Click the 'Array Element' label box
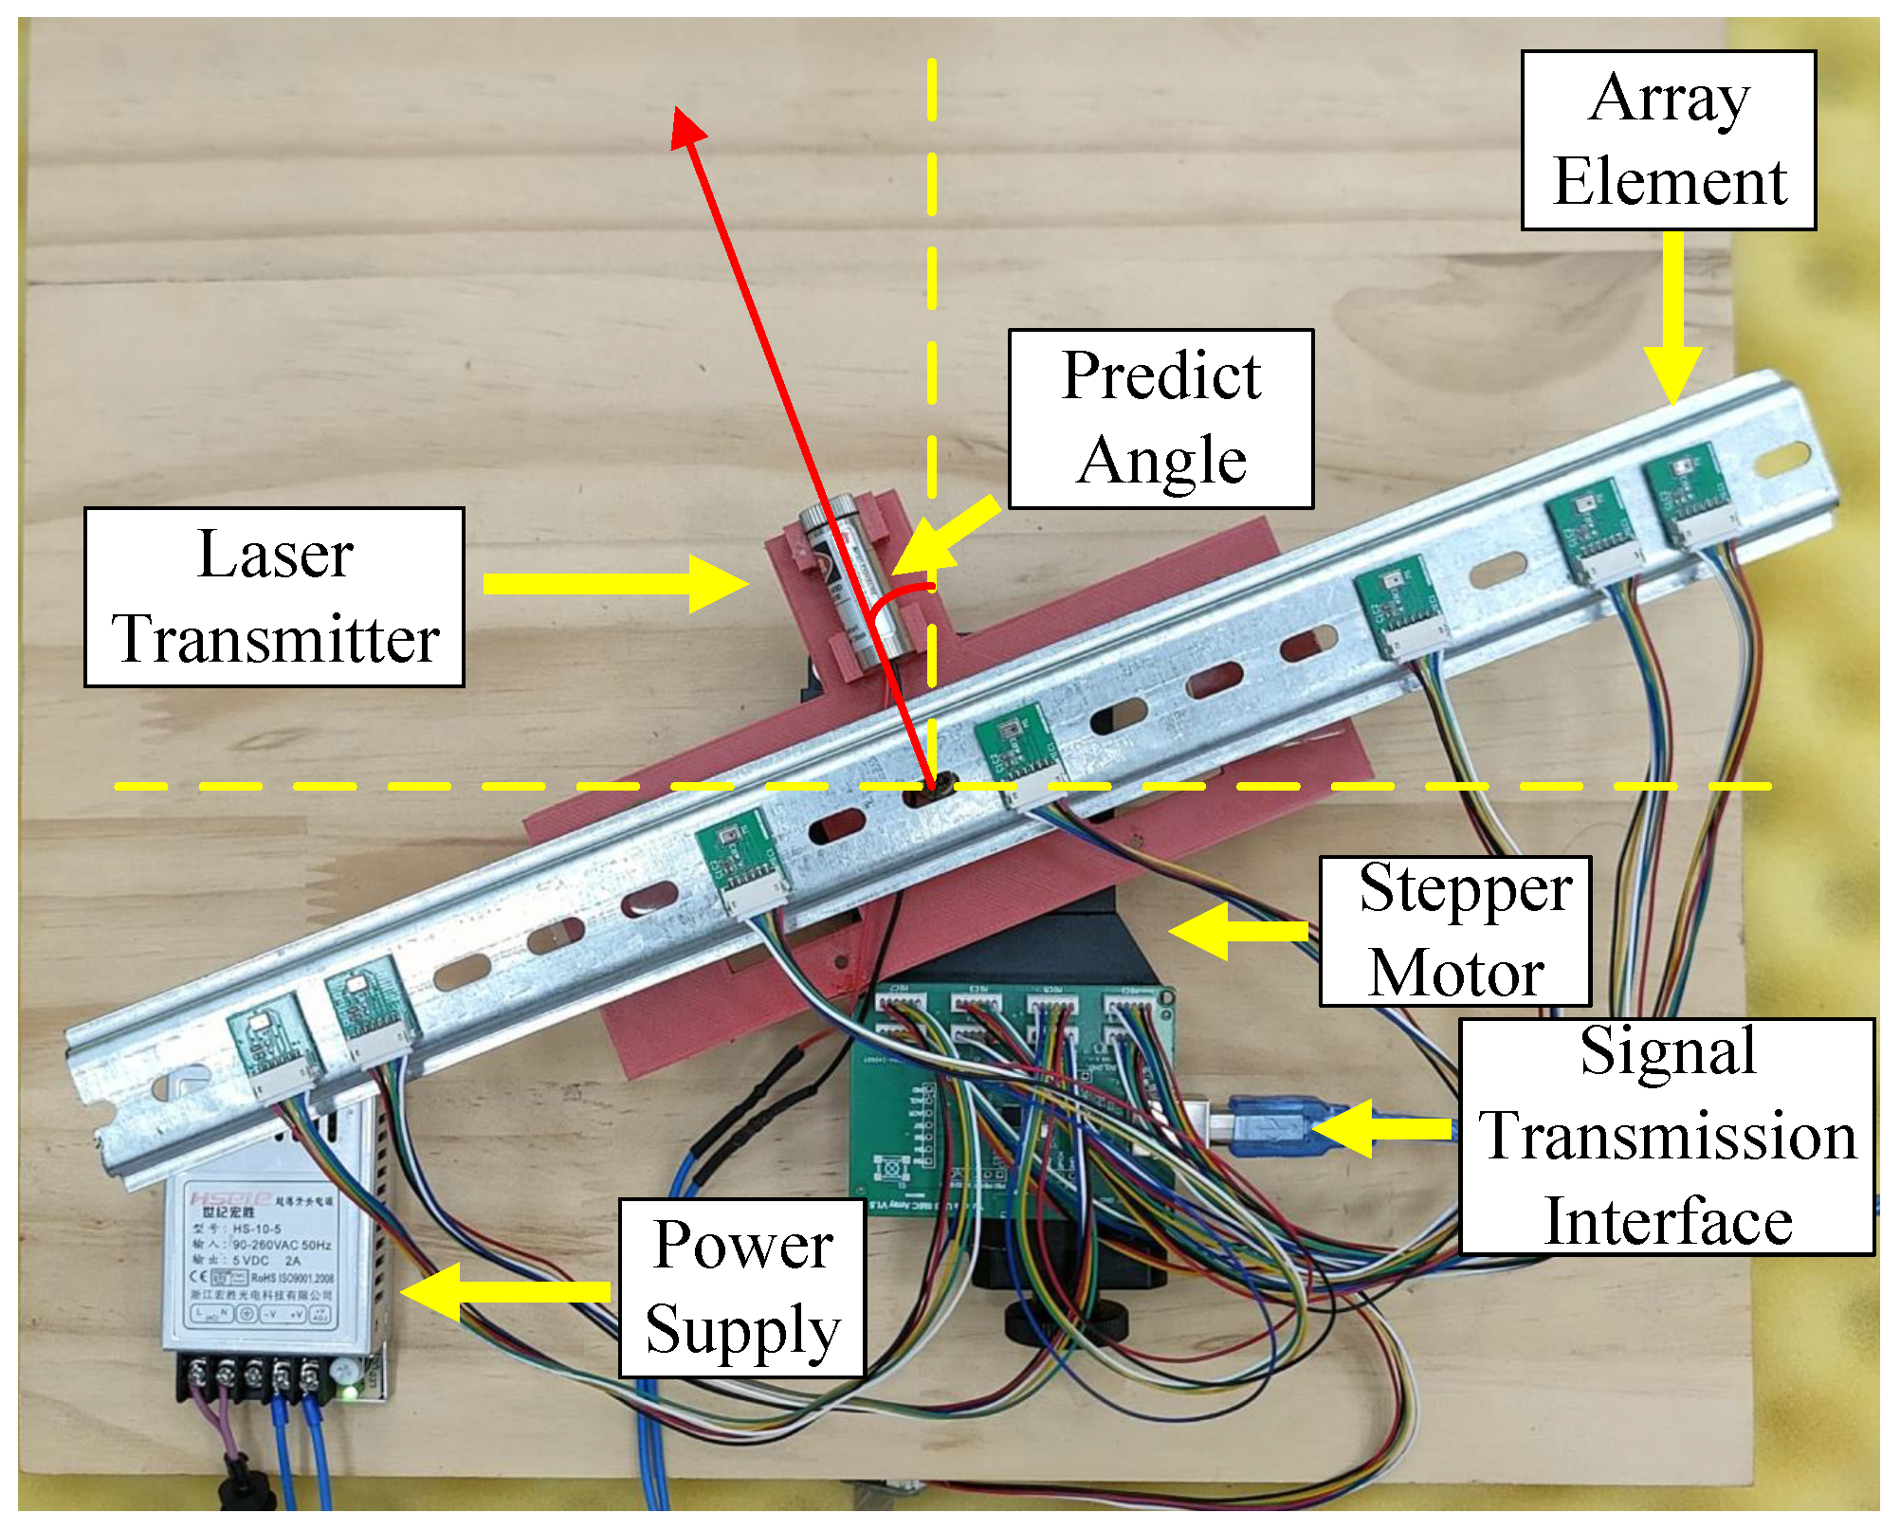pos(1668,140)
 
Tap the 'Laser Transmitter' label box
pos(274,596)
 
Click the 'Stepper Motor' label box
pos(1454,931)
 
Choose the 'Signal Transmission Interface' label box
pos(1666,1137)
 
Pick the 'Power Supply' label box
pos(741,1287)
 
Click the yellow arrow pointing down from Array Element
pos(1672,322)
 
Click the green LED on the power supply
pos(348,1393)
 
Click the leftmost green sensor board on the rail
pos(268,1048)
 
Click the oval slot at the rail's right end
pos(1781,462)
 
